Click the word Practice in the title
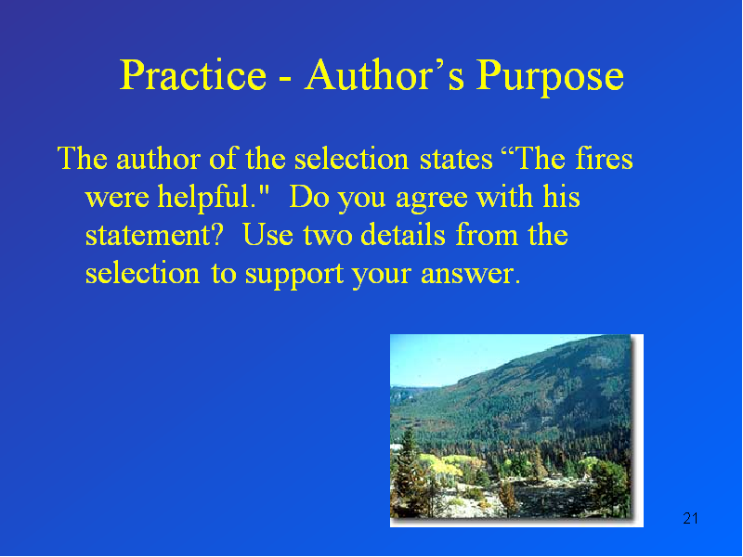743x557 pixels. (x=193, y=75)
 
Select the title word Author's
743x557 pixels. (x=385, y=75)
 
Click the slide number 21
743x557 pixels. (x=690, y=518)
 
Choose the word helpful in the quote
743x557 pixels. (x=207, y=198)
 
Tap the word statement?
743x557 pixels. (x=153, y=236)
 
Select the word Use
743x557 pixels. (x=267, y=235)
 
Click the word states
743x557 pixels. (x=456, y=161)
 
